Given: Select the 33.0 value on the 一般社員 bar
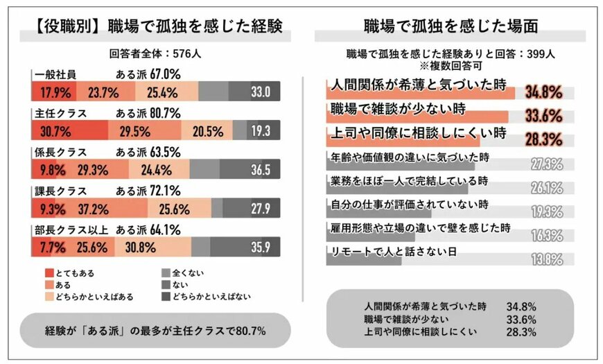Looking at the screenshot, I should (260, 92).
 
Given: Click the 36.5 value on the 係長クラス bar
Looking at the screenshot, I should (260, 169).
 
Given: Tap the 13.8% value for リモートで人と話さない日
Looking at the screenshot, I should (545, 259).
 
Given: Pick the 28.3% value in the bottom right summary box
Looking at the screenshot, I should (524, 332).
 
